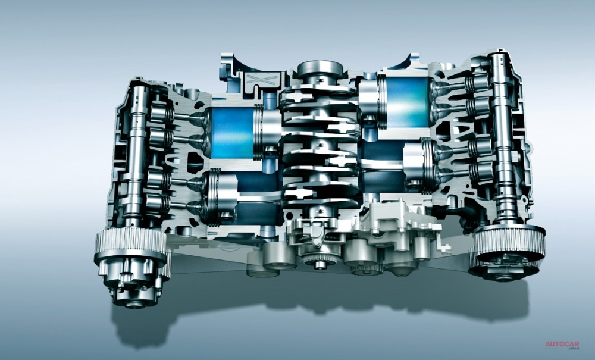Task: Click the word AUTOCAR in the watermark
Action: click(x=562, y=345)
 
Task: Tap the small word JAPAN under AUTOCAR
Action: click(x=573, y=348)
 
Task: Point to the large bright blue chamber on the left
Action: click(x=232, y=132)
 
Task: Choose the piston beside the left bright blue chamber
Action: click(x=268, y=130)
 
